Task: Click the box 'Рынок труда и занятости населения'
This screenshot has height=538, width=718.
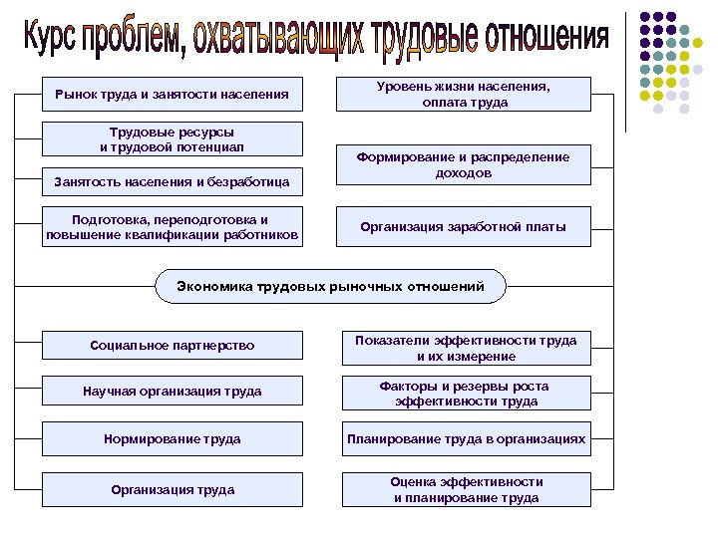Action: point(173,95)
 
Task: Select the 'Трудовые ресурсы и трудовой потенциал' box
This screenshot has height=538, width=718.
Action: point(173,139)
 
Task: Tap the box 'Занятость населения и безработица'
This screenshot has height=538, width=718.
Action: point(173,182)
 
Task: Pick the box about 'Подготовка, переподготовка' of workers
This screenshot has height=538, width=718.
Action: point(173,227)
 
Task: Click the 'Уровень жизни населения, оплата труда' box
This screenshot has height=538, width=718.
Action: point(465,95)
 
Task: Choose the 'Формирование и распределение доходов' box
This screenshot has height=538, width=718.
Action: point(465,165)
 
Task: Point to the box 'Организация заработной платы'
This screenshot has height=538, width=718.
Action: point(465,227)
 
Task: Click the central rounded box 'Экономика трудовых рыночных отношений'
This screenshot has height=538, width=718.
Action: point(330,287)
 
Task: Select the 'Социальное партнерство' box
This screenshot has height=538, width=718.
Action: point(173,346)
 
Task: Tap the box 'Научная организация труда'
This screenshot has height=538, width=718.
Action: point(173,392)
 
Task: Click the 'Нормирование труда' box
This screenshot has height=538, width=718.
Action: point(173,438)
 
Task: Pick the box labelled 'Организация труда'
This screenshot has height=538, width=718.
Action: point(173,489)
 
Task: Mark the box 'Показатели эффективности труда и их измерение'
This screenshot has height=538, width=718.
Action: point(466,348)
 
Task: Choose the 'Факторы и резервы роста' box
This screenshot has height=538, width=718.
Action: point(466,394)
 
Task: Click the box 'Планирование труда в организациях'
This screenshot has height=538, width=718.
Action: point(466,438)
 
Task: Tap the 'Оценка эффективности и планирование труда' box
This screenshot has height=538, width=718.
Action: point(466,489)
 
